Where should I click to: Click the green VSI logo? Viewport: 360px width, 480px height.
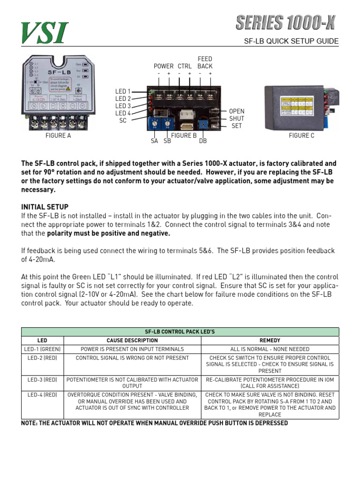point(45,33)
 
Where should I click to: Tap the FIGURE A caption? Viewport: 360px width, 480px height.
point(58,136)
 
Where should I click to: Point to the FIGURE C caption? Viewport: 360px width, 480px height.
point(301,136)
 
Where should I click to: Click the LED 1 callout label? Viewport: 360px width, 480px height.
point(123,91)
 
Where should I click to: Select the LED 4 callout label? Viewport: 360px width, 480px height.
point(123,113)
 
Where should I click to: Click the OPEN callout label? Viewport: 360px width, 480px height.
point(237,112)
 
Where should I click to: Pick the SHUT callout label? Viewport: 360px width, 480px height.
point(237,119)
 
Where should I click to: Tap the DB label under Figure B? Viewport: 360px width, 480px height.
point(203,141)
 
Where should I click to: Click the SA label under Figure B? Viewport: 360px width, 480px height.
point(155,141)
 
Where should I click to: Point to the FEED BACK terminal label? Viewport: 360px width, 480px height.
point(205,63)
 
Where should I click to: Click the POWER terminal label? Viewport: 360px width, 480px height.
point(164,67)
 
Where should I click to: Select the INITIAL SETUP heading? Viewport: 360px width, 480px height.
point(45,207)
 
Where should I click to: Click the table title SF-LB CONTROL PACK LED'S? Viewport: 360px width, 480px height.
point(180,332)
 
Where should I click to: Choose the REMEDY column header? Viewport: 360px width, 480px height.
point(270,340)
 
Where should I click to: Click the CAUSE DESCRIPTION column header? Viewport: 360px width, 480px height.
point(132,340)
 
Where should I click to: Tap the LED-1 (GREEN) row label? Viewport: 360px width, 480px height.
point(42,349)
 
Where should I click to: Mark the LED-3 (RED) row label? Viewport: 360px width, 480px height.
point(42,379)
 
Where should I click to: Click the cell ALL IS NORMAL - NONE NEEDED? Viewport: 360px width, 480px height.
point(270,349)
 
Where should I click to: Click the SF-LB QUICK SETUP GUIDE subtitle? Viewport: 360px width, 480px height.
point(291,41)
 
